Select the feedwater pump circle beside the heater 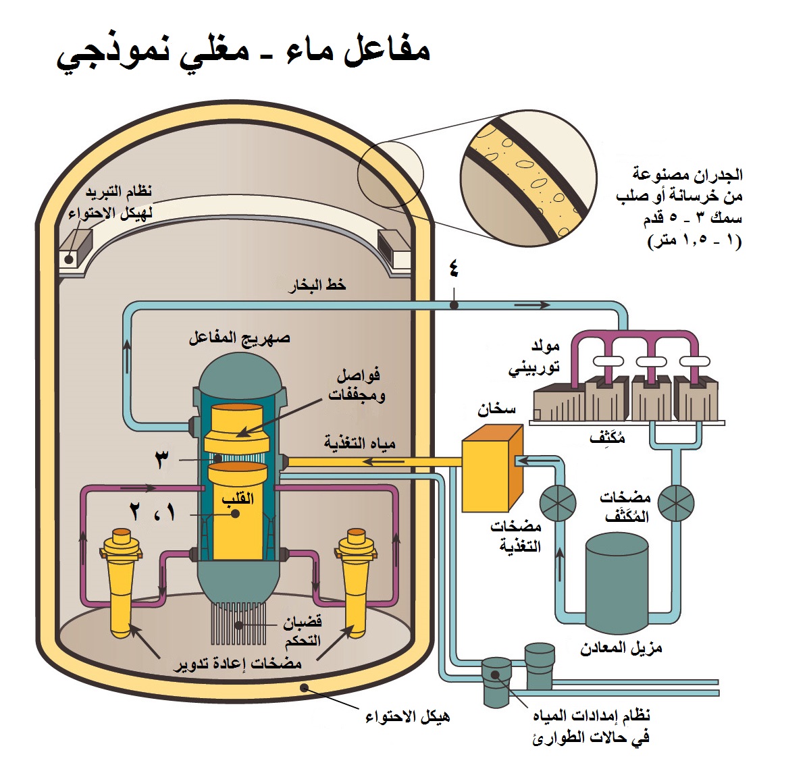558,502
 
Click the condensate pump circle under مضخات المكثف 675,502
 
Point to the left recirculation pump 122,581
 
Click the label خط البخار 317,286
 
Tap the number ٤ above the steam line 453,269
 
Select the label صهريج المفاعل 239,338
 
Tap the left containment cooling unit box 74,250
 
